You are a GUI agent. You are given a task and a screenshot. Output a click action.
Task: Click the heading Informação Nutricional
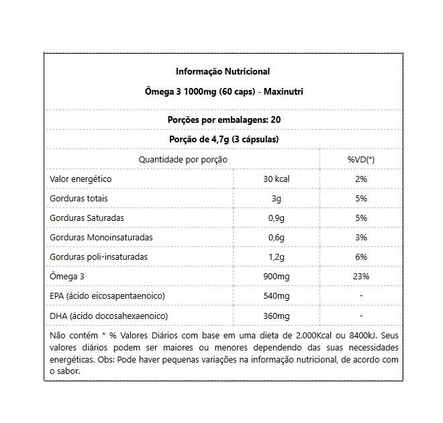coord(223,71)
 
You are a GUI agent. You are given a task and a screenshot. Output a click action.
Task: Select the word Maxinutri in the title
coord(281,91)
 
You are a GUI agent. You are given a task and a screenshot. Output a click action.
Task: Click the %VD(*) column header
coord(360,160)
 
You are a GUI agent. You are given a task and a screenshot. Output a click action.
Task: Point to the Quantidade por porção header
coord(183,160)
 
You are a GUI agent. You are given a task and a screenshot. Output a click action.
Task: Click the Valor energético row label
coord(81,179)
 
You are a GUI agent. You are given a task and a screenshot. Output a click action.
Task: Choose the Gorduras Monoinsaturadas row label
coord(101,238)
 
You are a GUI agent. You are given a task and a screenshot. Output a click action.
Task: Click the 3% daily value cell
coord(361,238)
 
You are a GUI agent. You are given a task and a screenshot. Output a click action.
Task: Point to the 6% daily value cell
coord(361,257)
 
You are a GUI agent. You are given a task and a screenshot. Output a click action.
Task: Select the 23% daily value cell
coord(361,277)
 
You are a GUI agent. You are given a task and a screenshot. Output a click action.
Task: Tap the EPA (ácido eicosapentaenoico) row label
coord(107,296)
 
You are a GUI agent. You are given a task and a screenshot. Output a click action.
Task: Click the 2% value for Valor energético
coord(361,179)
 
